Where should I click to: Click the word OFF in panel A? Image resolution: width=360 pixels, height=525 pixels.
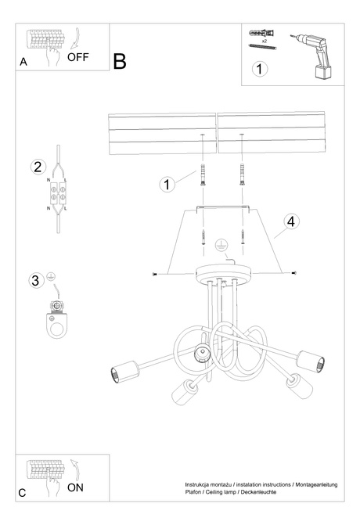point(78,57)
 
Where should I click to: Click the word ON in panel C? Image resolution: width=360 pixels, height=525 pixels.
point(76,487)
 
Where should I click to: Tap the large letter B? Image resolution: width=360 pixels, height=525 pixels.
point(120,62)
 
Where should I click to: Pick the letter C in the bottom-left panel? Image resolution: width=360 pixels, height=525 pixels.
point(22,493)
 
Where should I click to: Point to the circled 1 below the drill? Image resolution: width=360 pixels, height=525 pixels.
point(261,69)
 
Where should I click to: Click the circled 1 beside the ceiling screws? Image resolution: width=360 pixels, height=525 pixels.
point(167,185)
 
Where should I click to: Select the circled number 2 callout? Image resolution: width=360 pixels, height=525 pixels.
point(37,166)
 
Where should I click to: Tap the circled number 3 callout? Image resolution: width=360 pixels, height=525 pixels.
point(34,280)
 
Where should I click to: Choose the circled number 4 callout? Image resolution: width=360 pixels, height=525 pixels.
point(290,221)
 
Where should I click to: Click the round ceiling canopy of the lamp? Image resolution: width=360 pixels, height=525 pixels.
point(223,273)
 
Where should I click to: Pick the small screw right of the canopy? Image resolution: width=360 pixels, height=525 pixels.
point(293,272)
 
